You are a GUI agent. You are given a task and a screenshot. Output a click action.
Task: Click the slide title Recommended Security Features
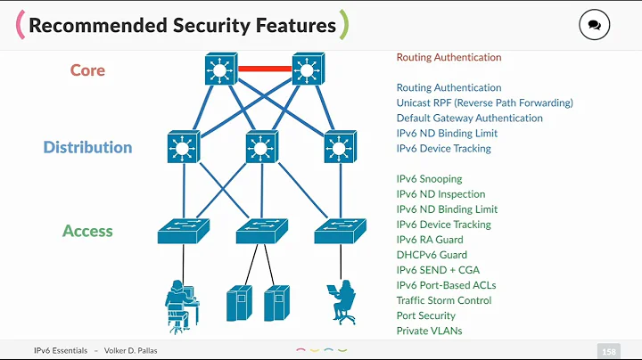[x=182, y=25]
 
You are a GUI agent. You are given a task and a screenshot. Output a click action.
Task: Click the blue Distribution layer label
[x=87, y=147]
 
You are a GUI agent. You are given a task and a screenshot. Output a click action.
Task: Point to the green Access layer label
[x=87, y=231]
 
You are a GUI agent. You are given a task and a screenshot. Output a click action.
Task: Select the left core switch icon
[x=218, y=69]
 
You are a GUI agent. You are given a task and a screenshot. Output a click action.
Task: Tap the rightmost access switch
[x=339, y=232]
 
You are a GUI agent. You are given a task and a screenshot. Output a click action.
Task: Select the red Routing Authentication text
[x=449, y=57]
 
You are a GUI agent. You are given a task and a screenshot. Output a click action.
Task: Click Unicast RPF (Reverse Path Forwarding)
[x=484, y=102]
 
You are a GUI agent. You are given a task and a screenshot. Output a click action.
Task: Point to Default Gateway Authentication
[x=469, y=118]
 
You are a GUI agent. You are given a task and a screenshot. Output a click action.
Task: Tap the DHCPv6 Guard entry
[x=432, y=255]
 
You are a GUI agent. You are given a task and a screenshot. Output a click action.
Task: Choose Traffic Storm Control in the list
[x=442, y=300]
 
